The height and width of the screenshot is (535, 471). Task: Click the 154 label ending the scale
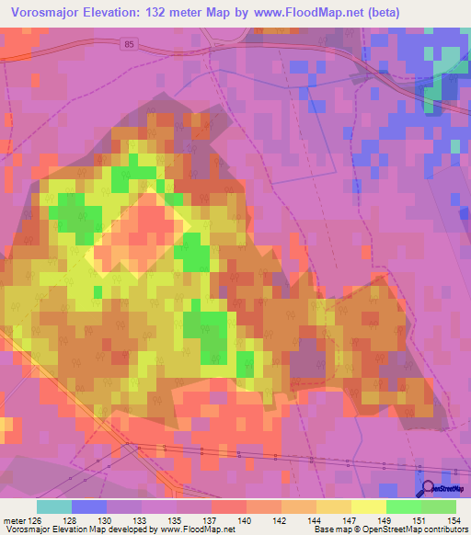457,521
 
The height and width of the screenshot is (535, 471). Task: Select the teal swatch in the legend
54,507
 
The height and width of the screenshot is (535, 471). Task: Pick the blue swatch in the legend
89,507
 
